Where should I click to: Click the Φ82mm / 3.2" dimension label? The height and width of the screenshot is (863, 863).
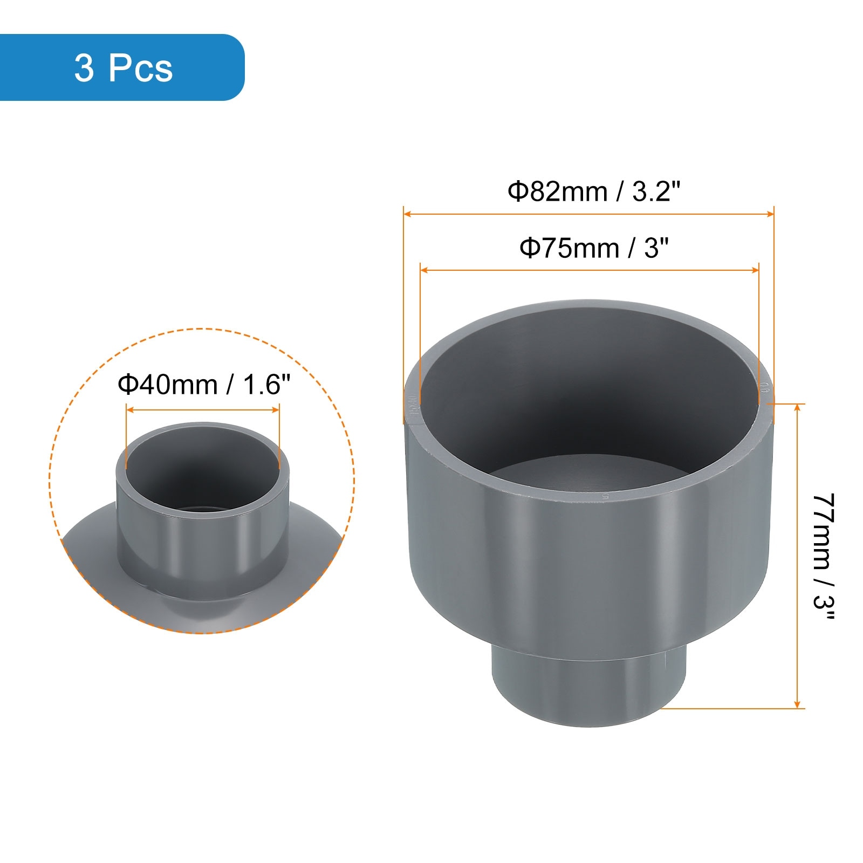pyautogui.click(x=594, y=191)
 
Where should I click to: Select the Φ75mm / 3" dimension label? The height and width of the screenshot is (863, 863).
pyautogui.click(x=594, y=249)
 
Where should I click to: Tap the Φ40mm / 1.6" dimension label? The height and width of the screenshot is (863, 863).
pyautogui.click(x=204, y=385)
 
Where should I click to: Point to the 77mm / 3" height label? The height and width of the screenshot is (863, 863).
pyautogui.click(x=824, y=558)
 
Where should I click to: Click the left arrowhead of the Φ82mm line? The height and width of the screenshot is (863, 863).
pyautogui.click(x=407, y=214)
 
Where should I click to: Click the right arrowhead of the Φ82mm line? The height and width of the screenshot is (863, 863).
pyautogui.click(x=770, y=214)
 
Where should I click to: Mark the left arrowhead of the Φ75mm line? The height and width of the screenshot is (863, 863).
pyautogui.click(x=424, y=270)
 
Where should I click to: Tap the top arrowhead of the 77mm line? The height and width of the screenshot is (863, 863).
pyautogui.click(x=798, y=407)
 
